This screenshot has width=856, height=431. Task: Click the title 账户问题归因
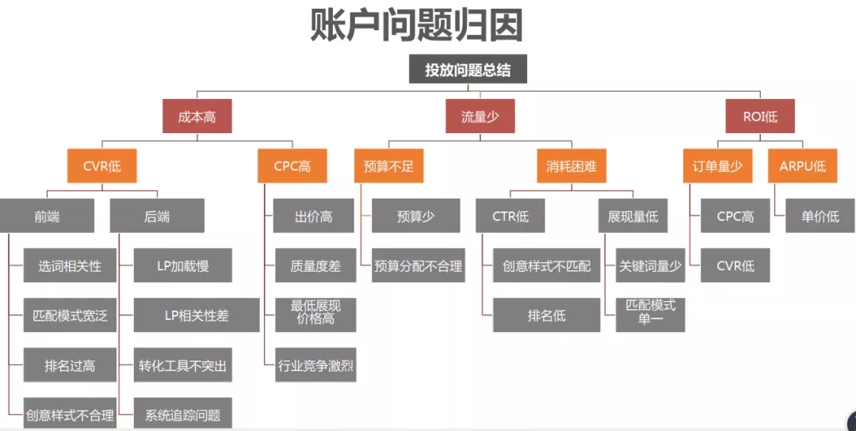click(x=416, y=25)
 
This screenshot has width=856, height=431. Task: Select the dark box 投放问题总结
click(x=468, y=70)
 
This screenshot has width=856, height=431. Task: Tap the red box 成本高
click(x=197, y=116)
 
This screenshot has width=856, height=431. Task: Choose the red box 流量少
click(x=480, y=116)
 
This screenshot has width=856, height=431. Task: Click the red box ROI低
click(x=759, y=116)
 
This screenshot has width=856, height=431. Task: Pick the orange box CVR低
click(x=99, y=166)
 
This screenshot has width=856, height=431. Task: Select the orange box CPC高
click(x=292, y=166)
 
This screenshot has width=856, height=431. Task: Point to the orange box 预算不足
click(x=388, y=166)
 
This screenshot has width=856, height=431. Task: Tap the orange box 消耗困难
click(x=571, y=166)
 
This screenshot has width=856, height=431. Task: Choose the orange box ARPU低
click(x=802, y=166)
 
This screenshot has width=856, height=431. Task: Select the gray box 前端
click(x=47, y=215)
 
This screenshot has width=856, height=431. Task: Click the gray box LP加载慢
click(x=183, y=265)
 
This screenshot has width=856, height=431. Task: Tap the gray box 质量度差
click(x=315, y=265)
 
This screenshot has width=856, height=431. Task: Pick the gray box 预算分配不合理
click(x=418, y=265)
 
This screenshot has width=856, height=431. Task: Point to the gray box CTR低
click(x=510, y=215)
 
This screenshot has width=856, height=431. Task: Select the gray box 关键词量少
click(x=650, y=265)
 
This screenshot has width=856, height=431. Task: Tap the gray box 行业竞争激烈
click(x=315, y=365)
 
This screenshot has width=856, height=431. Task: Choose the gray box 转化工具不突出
click(x=183, y=365)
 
